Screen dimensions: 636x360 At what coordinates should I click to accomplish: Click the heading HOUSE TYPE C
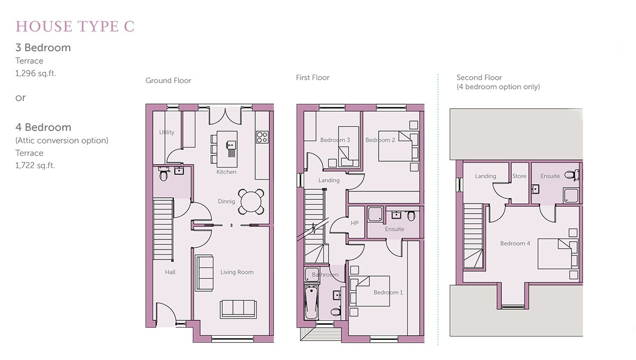[75, 26]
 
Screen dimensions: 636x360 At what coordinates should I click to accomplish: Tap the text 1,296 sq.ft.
[36, 73]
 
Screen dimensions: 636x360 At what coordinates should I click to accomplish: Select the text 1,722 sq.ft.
[35, 165]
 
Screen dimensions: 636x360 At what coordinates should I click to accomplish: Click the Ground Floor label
[168, 80]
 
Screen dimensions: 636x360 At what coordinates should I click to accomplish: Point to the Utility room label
[167, 132]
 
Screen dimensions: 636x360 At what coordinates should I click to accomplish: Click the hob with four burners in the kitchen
[262, 137]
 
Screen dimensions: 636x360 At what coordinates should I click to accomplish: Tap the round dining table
[251, 202]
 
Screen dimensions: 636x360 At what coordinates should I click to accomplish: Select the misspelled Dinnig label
[226, 201]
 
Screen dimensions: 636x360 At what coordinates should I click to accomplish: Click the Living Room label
[237, 272]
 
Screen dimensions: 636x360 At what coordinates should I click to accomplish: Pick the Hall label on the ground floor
[170, 272]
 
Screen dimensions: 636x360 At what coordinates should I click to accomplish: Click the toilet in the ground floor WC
[163, 173]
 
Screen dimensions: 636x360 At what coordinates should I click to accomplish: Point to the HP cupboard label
[354, 223]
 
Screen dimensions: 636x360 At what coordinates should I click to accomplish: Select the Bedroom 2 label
[380, 140]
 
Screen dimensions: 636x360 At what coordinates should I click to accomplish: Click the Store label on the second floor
[519, 176]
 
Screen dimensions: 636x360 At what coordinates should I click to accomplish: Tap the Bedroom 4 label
[515, 243]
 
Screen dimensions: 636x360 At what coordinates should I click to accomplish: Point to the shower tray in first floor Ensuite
[376, 214]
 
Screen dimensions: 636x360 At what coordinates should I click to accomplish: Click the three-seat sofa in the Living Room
[238, 309]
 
